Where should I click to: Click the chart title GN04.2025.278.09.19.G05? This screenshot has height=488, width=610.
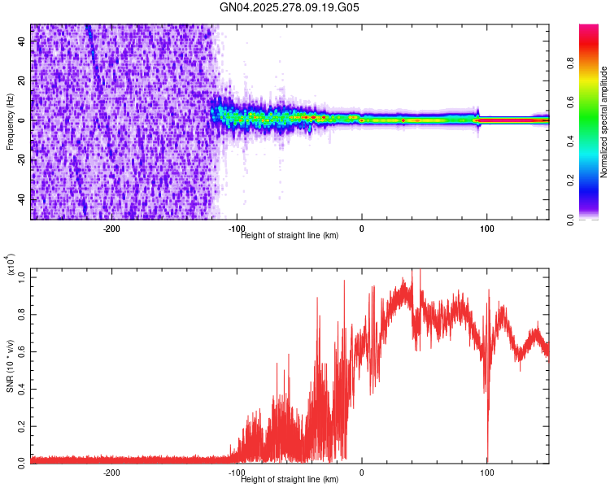coord(290,8)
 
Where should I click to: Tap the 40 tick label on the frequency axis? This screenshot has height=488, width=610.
coord(21,41)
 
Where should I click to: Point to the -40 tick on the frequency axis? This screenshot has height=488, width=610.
coord(21,199)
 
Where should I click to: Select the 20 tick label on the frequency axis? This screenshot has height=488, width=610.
coord(21,81)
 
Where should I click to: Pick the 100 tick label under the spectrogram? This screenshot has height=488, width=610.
coord(487,229)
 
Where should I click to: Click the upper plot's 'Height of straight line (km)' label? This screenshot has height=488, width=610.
coord(290,236)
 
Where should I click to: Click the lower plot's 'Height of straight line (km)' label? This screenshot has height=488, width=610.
coord(290,479)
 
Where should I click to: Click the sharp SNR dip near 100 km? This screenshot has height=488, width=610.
coord(487,455)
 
